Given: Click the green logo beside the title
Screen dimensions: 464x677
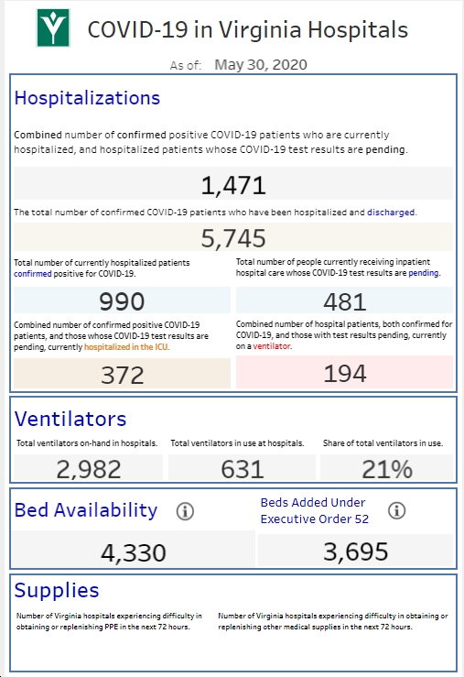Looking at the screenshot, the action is pyautogui.click(x=53, y=27).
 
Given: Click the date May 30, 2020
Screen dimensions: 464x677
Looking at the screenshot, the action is pyautogui.click(x=261, y=65).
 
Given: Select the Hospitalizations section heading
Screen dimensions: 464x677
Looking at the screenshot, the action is pyautogui.click(x=87, y=98).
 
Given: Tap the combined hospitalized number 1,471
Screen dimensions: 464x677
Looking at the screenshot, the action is pyautogui.click(x=233, y=185).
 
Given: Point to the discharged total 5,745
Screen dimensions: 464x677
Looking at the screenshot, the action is pyautogui.click(x=233, y=238).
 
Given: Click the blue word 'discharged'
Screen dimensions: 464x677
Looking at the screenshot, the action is pyautogui.click(x=391, y=212).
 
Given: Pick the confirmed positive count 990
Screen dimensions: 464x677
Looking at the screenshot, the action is pyautogui.click(x=122, y=301).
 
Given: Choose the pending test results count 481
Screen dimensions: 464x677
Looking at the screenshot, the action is pyautogui.click(x=344, y=301).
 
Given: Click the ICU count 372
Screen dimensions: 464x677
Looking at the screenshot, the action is pyautogui.click(x=122, y=375).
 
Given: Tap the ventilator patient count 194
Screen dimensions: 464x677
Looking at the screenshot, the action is pyautogui.click(x=344, y=373).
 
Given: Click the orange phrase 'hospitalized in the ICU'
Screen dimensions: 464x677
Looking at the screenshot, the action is pyautogui.click(x=126, y=347).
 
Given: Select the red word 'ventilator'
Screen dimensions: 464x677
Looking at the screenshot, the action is pyautogui.click(x=272, y=346).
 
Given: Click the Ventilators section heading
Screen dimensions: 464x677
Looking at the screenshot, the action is pyautogui.click(x=70, y=419).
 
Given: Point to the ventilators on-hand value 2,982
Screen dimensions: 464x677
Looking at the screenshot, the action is pyautogui.click(x=89, y=469).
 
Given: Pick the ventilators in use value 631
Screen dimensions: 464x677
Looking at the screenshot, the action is pyautogui.click(x=242, y=469).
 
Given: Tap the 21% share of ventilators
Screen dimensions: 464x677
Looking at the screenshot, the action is pyautogui.click(x=387, y=469).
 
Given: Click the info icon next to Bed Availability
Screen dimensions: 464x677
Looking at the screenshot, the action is pyautogui.click(x=185, y=511).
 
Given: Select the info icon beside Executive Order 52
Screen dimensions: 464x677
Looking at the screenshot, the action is pyautogui.click(x=396, y=510).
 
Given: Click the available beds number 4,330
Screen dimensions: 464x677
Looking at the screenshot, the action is pyautogui.click(x=134, y=552).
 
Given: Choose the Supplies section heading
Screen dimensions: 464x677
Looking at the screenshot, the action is pyautogui.click(x=57, y=590).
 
